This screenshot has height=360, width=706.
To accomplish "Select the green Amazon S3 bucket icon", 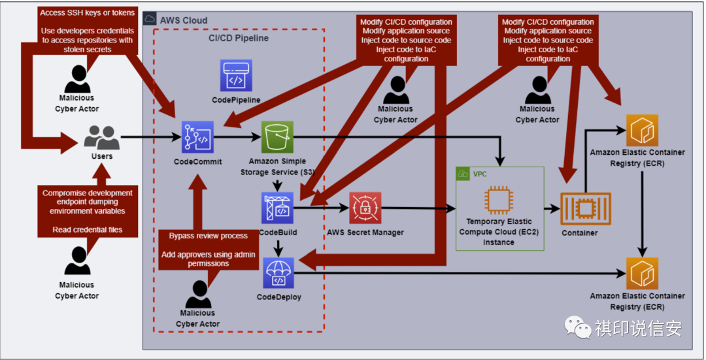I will (x=277, y=137).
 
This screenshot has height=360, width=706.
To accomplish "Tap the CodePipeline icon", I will (x=235, y=76).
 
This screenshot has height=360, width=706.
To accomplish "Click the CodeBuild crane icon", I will (x=277, y=208).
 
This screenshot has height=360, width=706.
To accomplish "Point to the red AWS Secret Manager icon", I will (x=364, y=208).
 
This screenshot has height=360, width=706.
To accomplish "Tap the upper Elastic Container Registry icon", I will (x=642, y=131).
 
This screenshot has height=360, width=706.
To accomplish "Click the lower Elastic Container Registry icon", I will (x=642, y=274).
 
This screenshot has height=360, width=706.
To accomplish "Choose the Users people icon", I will (x=102, y=138).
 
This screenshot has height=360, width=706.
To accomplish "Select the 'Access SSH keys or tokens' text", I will (x=88, y=13).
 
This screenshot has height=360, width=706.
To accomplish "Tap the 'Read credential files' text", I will (x=88, y=230).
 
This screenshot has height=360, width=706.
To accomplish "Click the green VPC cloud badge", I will (x=463, y=174).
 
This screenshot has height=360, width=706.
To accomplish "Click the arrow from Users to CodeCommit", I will (x=150, y=138).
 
